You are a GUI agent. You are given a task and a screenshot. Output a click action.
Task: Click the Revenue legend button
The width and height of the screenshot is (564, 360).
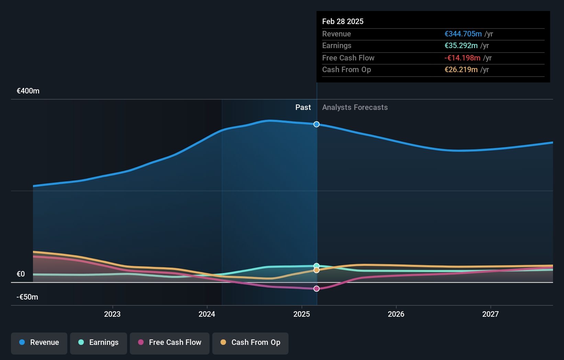coord(39,342)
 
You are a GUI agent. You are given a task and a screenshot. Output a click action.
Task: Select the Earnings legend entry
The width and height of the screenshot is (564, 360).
coord(99,342)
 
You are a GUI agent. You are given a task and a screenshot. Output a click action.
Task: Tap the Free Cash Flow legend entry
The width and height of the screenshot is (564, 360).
coord(170,342)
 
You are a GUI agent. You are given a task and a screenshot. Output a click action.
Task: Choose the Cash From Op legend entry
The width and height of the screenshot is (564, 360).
coord(250,342)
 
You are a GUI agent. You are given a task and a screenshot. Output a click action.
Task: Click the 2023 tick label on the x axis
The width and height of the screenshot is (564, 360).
coord(112,314)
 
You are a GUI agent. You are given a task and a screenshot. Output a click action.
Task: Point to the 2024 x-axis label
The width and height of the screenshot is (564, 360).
coord(207,314)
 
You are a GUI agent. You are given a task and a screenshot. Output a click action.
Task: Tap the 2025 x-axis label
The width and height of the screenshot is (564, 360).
coord(302,314)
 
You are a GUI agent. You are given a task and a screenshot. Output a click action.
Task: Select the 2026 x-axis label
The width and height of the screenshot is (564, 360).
coord(396,314)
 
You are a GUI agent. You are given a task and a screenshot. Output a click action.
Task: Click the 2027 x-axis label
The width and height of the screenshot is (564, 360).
coord(490,314)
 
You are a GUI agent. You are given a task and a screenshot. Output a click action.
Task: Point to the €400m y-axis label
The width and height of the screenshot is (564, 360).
coord(28,91)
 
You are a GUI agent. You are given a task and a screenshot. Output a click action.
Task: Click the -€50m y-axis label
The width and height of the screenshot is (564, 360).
coord(27,297)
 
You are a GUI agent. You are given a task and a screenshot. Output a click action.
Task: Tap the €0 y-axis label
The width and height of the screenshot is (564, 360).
coord(21,274)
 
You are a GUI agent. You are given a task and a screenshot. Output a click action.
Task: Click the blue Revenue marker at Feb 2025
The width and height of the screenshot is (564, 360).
coord(316,124)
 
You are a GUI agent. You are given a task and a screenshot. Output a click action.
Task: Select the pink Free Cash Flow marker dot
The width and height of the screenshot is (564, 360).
coord(316,289)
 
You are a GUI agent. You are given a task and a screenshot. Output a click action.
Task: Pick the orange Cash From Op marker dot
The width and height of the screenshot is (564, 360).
coord(316,270)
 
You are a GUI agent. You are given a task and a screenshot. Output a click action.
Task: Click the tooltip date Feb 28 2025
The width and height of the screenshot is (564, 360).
coord(342,21)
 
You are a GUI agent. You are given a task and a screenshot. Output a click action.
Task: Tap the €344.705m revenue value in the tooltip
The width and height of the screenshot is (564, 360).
coord(463,34)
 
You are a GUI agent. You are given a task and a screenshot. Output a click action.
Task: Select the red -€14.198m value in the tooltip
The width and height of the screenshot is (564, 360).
coord(462,58)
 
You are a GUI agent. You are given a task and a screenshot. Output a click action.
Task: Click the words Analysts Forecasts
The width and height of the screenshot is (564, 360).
coord(355,108)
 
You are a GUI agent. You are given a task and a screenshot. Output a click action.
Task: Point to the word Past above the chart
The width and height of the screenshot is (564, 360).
coord(303,108)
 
